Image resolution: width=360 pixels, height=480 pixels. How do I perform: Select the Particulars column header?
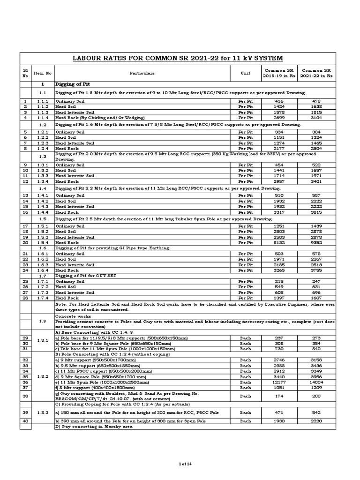[142, 73]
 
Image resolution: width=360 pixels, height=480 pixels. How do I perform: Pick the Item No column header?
[42, 73]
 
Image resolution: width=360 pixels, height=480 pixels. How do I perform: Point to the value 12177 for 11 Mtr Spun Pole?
[279, 382]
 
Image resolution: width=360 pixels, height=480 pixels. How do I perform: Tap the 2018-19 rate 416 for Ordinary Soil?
[279, 101]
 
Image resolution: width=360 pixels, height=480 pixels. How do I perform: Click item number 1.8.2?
[42, 376]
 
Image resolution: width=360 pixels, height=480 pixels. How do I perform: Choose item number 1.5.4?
[42, 243]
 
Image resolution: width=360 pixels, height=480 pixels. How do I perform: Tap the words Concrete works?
[70, 316]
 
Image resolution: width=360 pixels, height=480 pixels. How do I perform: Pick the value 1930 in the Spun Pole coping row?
[279, 421]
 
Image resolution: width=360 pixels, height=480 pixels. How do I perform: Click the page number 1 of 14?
[180, 464]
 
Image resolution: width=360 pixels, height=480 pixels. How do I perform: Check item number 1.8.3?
[42, 412]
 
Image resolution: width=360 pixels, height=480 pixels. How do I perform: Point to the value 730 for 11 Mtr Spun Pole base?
[279, 349]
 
